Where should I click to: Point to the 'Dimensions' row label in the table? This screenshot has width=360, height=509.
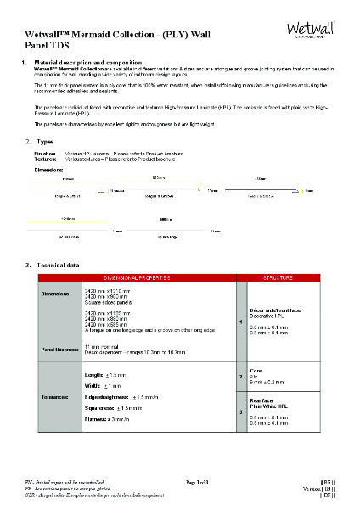57,294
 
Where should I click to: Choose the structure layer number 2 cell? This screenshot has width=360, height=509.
242,375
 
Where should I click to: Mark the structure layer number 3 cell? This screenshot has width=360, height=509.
242,411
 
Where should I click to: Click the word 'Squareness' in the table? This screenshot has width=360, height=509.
101,408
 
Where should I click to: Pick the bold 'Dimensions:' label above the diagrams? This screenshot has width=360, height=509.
50,170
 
